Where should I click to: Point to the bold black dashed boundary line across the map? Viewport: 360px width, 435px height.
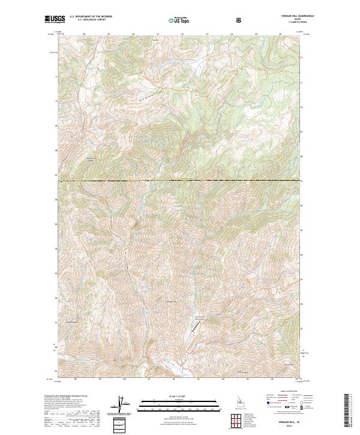pos(180,181)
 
